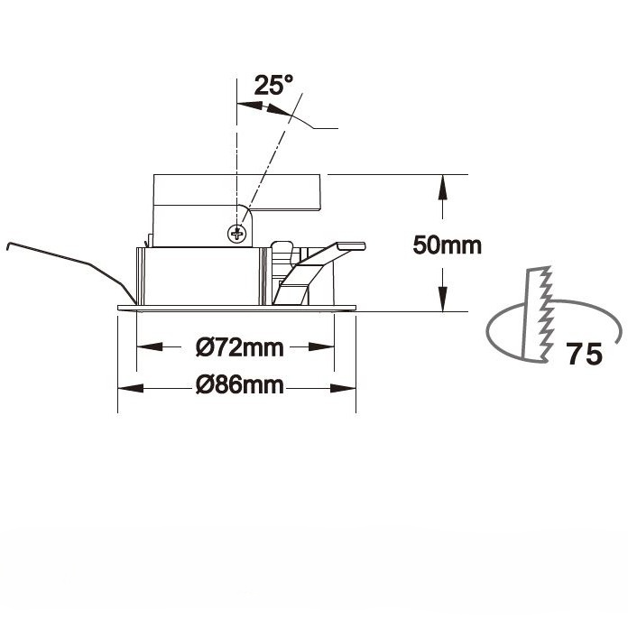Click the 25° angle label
273,85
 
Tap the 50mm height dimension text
447,245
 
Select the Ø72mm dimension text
240,347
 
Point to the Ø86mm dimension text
240,385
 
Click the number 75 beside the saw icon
585,354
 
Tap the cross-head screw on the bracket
237,233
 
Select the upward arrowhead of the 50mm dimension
442,187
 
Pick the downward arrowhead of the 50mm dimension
442,299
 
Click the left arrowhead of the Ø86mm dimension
131,388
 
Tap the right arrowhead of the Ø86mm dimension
343,388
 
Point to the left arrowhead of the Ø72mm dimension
150,346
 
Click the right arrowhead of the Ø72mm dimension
321,346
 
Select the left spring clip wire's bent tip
8,245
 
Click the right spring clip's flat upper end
351,246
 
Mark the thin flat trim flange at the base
236,308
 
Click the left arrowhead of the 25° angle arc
250,106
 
